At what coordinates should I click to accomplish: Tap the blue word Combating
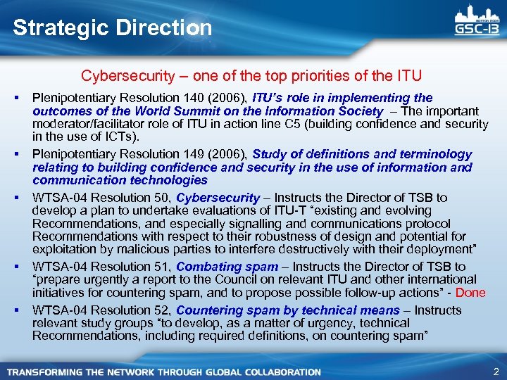(x=205, y=266)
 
